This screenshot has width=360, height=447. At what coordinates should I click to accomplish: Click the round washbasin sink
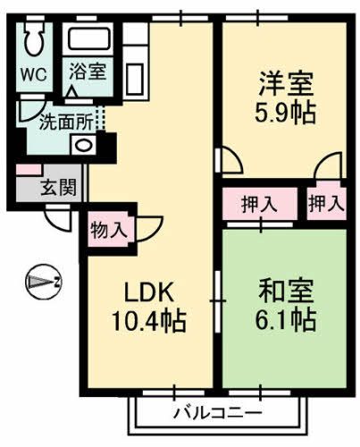[83, 146]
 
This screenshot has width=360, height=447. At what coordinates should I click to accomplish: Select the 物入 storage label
[108, 230]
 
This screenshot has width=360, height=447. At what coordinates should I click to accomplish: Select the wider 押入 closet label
[259, 203]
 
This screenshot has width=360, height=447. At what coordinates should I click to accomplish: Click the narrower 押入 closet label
[325, 203]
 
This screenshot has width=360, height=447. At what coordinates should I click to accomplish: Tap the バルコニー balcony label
[217, 413]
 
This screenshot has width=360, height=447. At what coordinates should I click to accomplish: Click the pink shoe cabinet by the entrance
[27, 170]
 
